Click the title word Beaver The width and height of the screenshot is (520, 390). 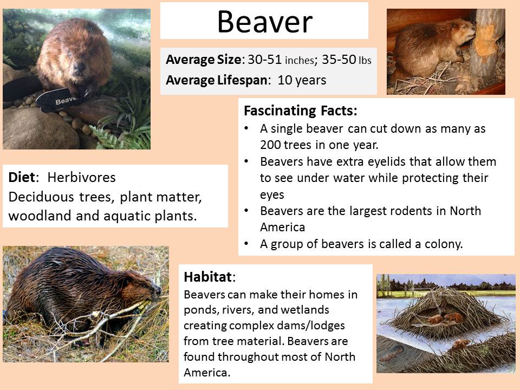(x=265, y=22)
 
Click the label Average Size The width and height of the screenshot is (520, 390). (x=203, y=60)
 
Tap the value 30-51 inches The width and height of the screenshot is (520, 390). (x=281, y=60)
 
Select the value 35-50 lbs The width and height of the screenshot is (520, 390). (x=347, y=60)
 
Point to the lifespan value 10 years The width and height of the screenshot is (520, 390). (x=302, y=80)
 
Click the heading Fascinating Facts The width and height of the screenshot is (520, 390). (x=301, y=110)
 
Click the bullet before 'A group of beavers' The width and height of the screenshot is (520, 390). (x=246, y=244)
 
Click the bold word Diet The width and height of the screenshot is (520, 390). (x=22, y=178)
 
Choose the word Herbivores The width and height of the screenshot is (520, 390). (x=82, y=178)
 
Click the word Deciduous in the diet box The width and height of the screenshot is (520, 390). (x=41, y=197)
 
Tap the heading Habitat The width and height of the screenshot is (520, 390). (x=208, y=277)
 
